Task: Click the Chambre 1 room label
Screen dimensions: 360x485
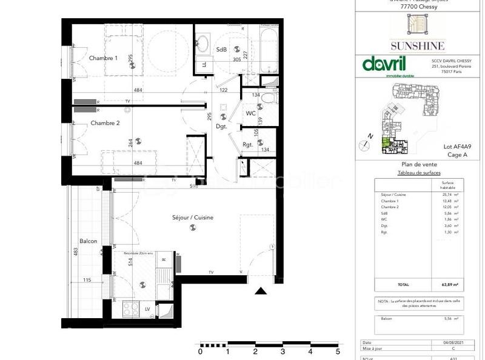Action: point(103,58)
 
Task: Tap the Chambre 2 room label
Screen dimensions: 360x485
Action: point(105,123)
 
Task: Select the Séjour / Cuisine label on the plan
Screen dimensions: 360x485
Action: point(192,218)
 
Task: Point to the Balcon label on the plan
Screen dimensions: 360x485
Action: point(89,241)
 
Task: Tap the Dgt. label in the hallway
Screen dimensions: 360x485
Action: point(221,127)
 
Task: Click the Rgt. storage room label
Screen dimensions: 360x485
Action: point(247,144)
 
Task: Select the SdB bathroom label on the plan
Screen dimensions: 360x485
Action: point(221,50)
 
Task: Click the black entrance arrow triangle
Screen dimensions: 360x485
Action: point(261,292)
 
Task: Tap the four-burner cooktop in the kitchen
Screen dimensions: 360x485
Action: point(130,309)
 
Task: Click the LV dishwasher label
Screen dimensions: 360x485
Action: point(147,309)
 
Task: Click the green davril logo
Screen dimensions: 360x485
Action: point(384,64)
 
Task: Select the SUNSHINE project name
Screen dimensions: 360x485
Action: point(417,45)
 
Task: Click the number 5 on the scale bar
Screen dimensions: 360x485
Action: point(338,351)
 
